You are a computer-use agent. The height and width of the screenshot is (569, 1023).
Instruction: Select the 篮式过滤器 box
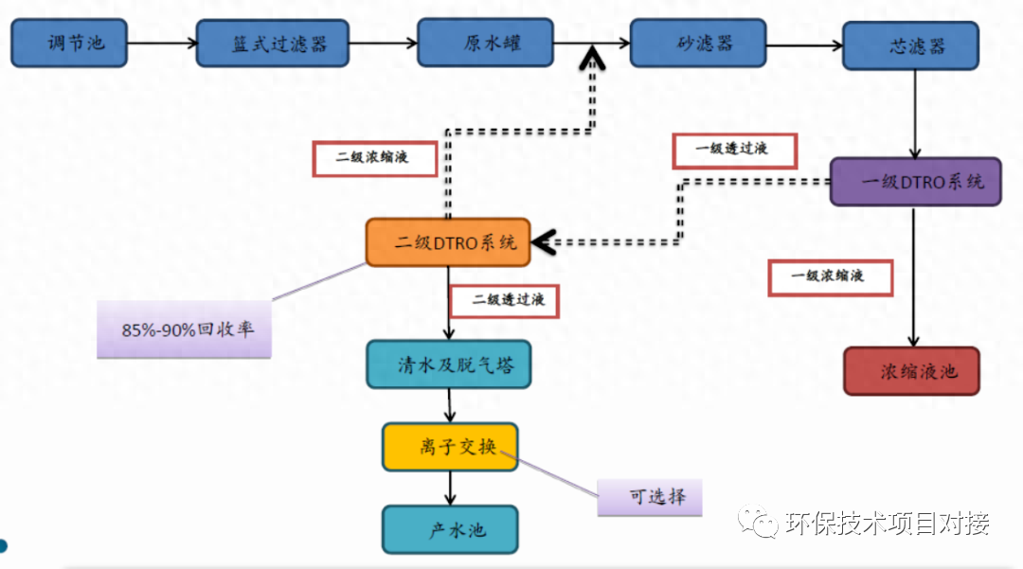(273, 44)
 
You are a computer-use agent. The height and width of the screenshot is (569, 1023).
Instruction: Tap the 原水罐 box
(485, 44)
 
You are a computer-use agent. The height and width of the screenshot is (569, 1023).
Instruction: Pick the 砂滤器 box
(698, 44)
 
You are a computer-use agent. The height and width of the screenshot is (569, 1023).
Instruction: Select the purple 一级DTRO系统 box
(915, 182)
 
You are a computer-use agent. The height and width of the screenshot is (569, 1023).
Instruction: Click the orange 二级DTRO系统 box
(448, 242)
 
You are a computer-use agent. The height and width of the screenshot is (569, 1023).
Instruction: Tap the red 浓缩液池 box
(911, 371)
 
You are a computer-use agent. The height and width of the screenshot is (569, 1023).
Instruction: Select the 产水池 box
(450, 529)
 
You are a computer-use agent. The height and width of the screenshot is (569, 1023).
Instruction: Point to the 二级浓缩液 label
(374, 158)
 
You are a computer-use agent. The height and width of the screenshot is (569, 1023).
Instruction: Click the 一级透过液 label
(734, 150)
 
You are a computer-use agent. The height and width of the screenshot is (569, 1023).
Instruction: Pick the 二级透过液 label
(503, 301)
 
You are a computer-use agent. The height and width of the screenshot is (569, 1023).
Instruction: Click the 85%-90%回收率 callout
(184, 329)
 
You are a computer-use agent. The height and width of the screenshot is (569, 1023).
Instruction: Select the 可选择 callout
(650, 497)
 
